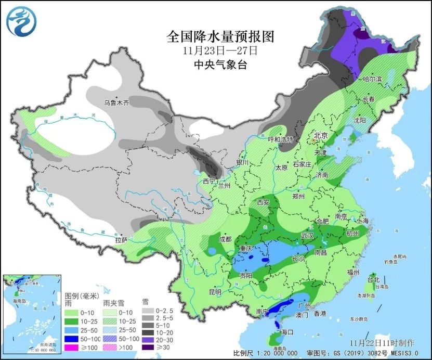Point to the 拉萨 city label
click(x=121, y=240)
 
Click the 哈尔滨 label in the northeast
click(x=372, y=79)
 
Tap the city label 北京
click(x=320, y=135)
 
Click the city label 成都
click(x=225, y=239)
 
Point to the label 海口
click(x=287, y=331)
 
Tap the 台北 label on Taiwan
click(x=373, y=279)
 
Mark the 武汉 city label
click(x=307, y=236)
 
